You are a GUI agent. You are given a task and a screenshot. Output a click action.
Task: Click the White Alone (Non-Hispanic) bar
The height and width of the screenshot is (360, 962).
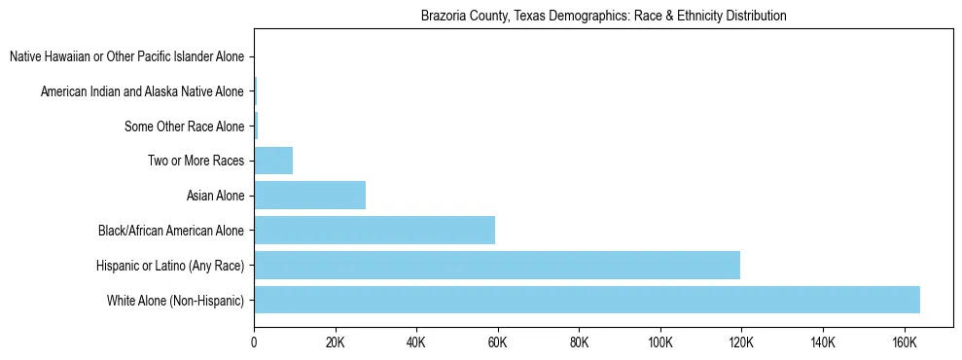tap(587, 300)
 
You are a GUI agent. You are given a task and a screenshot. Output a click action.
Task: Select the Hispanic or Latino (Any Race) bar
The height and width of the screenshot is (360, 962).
tap(497, 265)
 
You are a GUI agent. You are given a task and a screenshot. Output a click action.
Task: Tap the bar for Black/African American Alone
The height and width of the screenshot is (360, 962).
tap(374, 231)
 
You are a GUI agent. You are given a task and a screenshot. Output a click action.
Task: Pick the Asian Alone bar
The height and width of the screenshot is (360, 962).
tap(309, 196)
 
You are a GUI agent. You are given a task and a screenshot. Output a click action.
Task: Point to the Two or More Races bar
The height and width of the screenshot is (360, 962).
tap(273, 161)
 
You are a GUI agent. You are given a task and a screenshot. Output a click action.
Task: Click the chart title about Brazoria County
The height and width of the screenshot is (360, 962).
tap(603, 17)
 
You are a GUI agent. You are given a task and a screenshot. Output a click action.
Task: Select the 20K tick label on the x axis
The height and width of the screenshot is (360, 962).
tap(335, 342)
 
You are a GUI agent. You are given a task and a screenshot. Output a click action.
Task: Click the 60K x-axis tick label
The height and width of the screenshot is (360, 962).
tap(497, 342)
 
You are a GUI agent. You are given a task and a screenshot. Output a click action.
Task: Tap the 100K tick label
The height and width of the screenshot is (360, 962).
tap(659, 342)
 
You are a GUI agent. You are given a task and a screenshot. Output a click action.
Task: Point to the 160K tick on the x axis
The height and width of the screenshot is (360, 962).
tap(904, 342)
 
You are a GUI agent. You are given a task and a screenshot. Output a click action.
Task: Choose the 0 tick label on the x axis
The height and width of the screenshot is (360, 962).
tap(254, 342)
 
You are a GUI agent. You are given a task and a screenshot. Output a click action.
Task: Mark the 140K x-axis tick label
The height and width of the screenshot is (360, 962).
tap(823, 342)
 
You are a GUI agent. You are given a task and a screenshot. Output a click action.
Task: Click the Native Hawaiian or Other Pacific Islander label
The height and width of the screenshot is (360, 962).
tap(126, 56)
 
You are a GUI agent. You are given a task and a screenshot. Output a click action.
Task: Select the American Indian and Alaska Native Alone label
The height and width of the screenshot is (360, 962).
tap(142, 91)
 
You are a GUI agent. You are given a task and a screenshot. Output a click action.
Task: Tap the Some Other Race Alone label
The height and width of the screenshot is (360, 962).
tap(185, 126)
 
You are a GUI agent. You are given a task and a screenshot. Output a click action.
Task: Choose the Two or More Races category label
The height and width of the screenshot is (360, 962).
tap(196, 161)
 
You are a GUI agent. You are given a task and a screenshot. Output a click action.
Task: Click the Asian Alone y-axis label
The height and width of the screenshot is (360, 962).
tap(215, 196)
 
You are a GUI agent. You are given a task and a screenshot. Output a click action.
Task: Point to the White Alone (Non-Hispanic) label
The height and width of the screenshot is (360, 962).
tap(175, 300)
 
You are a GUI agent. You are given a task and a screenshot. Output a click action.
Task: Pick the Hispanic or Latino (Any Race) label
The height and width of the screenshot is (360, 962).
tap(170, 265)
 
